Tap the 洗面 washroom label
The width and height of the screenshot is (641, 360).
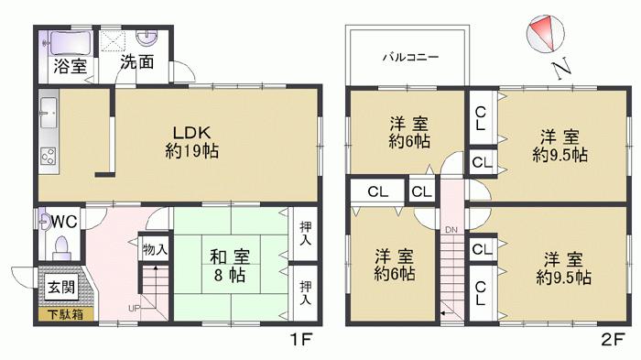(137, 66)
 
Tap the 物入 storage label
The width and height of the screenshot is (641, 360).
(154, 248)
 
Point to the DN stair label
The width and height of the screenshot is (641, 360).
(451, 229)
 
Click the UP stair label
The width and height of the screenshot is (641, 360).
(135, 307)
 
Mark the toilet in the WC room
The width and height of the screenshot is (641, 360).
(61, 247)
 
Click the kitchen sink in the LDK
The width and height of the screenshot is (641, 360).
(48, 117)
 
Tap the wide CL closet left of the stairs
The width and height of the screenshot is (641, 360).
(377, 191)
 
